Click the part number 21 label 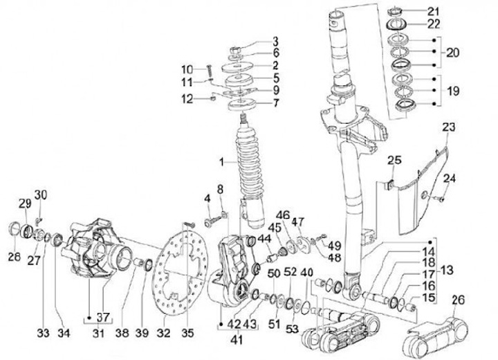coord(433,12)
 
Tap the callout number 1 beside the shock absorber coord(222,163)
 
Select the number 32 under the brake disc coord(164,333)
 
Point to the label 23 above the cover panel coord(448,127)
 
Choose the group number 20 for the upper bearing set coord(453,53)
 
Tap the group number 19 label coord(453,91)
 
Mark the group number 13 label coord(447,270)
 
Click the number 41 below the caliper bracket coord(237,340)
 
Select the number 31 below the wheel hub coord(98,333)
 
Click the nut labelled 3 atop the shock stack coord(234,50)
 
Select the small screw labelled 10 coord(210,71)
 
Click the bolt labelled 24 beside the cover coord(440,199)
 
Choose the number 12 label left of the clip coord(187,99)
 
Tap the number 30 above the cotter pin coord(40,195)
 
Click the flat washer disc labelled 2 coord(237,68)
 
